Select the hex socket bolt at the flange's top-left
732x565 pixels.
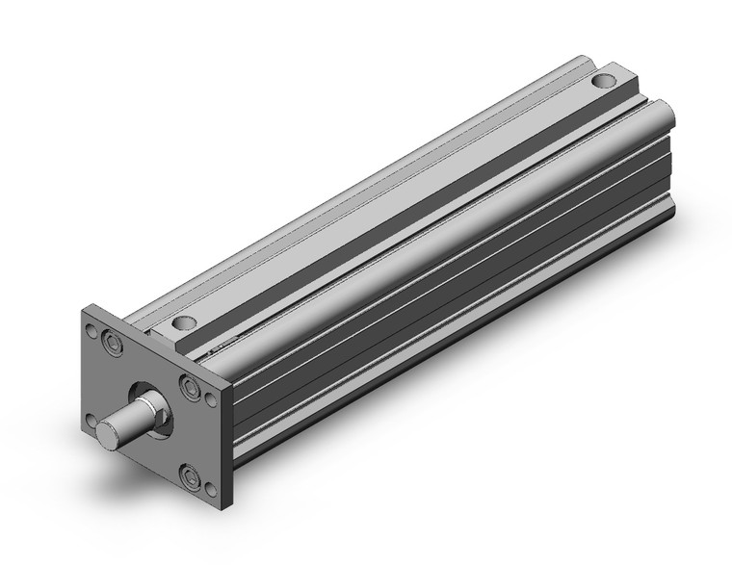114,343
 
